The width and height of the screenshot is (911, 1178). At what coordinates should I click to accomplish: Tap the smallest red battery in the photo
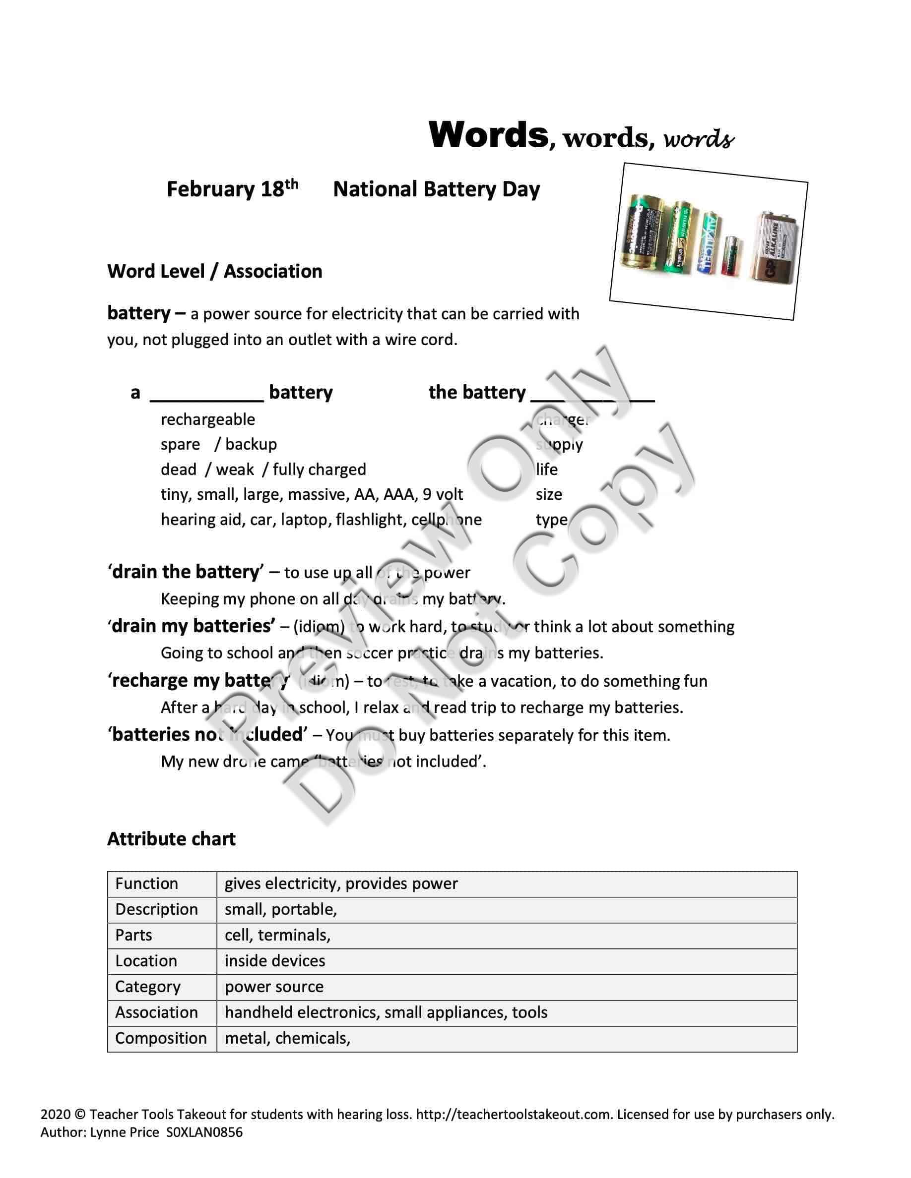731,256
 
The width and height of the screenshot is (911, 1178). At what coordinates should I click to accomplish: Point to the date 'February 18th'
232,189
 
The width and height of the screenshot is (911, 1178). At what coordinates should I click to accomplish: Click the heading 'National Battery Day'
436,189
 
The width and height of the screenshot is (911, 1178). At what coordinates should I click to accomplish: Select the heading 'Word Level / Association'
214,271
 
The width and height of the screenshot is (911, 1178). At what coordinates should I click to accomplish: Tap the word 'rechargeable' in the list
208,419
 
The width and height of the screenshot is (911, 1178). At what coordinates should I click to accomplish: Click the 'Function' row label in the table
146,883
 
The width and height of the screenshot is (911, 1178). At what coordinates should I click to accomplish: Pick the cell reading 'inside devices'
275,961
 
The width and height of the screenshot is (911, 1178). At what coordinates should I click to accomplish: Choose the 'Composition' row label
161,1038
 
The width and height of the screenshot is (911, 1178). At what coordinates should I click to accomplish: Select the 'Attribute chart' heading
171,839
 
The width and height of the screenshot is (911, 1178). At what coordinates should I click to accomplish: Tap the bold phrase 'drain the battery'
186,572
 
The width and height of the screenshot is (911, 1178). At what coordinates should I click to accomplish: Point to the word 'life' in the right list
546,469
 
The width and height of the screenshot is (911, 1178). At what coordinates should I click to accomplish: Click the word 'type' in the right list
551,520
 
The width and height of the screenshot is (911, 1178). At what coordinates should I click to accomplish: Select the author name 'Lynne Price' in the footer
124,1133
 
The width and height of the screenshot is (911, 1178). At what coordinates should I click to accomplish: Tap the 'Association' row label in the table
156,1012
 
